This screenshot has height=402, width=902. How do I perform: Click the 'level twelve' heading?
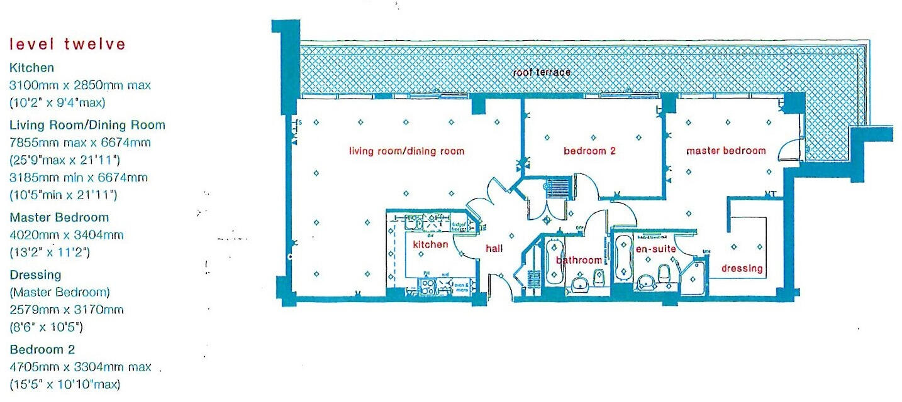67,45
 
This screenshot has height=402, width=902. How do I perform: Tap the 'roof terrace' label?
542,72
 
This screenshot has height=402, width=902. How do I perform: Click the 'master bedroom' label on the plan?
726,151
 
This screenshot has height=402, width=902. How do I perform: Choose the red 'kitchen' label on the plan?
430,244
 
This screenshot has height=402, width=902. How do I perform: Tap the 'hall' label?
494,249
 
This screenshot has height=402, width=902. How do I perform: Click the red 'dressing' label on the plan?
742,269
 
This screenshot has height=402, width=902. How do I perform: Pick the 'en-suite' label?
655,249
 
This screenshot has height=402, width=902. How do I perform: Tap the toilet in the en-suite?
663,274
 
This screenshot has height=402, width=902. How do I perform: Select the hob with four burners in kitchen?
426,286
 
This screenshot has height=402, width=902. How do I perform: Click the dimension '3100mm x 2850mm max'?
80,85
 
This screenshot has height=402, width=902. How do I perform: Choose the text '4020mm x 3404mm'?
66,235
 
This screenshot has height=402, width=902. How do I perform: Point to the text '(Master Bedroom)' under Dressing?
60,292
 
